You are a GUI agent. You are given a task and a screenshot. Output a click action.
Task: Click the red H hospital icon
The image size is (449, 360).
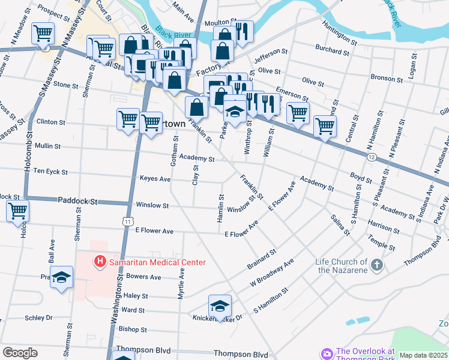pos(99,262)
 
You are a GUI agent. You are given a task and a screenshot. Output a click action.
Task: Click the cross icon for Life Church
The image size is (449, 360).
pos(376,265)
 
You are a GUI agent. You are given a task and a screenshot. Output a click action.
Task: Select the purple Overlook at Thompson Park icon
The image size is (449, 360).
pos(327,354)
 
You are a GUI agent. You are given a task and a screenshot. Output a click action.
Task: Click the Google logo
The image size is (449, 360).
pos(20,353)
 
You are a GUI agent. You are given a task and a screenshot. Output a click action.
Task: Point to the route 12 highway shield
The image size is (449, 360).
pos(373,157)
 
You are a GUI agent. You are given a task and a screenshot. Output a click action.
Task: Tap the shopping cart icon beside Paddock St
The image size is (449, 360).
pos(18,211)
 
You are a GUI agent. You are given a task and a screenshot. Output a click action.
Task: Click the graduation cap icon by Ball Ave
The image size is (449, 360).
pos(61,277)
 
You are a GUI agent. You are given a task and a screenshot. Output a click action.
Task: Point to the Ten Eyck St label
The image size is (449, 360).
pos(50,172)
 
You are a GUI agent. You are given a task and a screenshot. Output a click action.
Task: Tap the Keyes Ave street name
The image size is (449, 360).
pos(155,179)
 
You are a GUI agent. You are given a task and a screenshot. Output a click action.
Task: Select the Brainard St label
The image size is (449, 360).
pos(261,259)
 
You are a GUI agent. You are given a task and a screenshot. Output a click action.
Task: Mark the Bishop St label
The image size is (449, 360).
pos(133,329)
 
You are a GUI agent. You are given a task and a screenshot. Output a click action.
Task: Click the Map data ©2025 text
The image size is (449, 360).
pos(423,355)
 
